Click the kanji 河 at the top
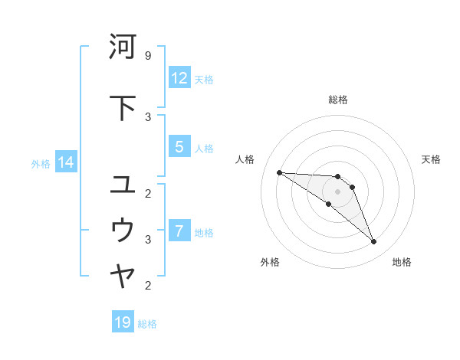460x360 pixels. pos(123,47)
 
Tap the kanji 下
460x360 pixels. pos(123,107)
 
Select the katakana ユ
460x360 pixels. pos(123,185)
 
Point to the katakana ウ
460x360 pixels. pos(123,230)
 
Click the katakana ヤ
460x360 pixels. pos(123,277)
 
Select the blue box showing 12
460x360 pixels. pos(179,78)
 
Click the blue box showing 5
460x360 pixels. pos(179,147)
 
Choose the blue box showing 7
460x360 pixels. pos(179,231)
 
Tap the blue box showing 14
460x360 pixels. pos(65,162)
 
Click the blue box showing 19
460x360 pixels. pos(123,322)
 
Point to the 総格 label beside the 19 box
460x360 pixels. pos(147,324)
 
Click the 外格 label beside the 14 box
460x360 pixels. pos(41,163)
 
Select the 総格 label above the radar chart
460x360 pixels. pos(337,100)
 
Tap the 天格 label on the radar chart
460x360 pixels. pos(431,159)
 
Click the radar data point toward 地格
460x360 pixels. pos(374,242)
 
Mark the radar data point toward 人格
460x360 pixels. pos(279,172)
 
